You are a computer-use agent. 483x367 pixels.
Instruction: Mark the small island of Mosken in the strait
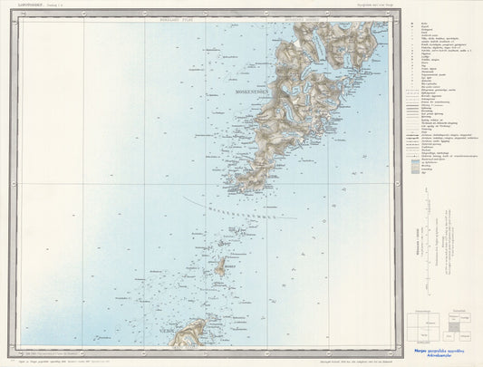[220, 266]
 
